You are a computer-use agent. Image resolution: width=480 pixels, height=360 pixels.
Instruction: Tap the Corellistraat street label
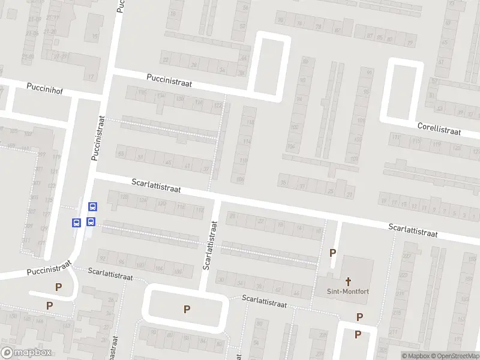439,128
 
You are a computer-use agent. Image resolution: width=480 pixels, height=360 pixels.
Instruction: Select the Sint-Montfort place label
348,293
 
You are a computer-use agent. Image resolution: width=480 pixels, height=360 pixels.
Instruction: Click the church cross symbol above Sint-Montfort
348,281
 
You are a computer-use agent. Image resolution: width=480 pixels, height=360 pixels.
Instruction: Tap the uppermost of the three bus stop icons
92,206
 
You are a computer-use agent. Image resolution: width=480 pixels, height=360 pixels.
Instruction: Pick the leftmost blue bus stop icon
76,223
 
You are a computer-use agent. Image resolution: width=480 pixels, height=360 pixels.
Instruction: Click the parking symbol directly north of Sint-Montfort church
333,253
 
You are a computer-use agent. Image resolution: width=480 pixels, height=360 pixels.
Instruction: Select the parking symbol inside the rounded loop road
187,310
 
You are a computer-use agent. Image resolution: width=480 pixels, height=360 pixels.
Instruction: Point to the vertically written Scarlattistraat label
211,245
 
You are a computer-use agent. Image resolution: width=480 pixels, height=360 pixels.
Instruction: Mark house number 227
408,257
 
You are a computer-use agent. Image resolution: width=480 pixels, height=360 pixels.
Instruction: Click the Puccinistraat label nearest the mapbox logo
49,268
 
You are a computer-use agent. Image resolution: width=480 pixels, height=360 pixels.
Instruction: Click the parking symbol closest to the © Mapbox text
358,334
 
